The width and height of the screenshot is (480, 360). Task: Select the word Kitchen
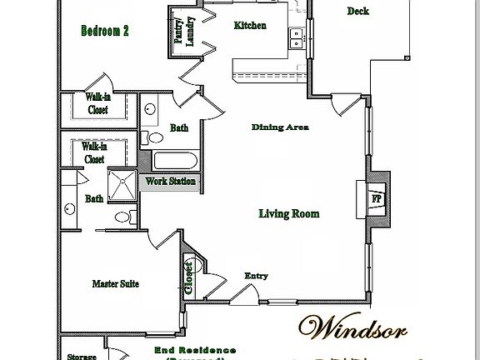(250, 26)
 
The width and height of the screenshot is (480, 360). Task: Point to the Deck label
(357, 11)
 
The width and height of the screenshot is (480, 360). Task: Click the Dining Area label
(280, 127)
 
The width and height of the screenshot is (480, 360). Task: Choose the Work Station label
(171, 182)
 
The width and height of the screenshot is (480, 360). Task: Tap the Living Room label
(287, 214)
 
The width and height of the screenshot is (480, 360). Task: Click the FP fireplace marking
(376, 201)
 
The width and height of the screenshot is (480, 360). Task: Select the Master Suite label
(115, 284)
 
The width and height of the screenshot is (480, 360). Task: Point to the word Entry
(256, 276)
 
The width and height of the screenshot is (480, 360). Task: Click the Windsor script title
(353, 328)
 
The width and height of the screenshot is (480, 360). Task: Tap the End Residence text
(195, 351)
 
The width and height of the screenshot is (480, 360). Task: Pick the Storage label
(82, 357)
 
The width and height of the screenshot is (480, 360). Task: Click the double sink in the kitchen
(295, 37)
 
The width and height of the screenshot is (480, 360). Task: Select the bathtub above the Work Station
(175, 161)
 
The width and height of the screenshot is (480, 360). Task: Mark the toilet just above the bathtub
(155, 137)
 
